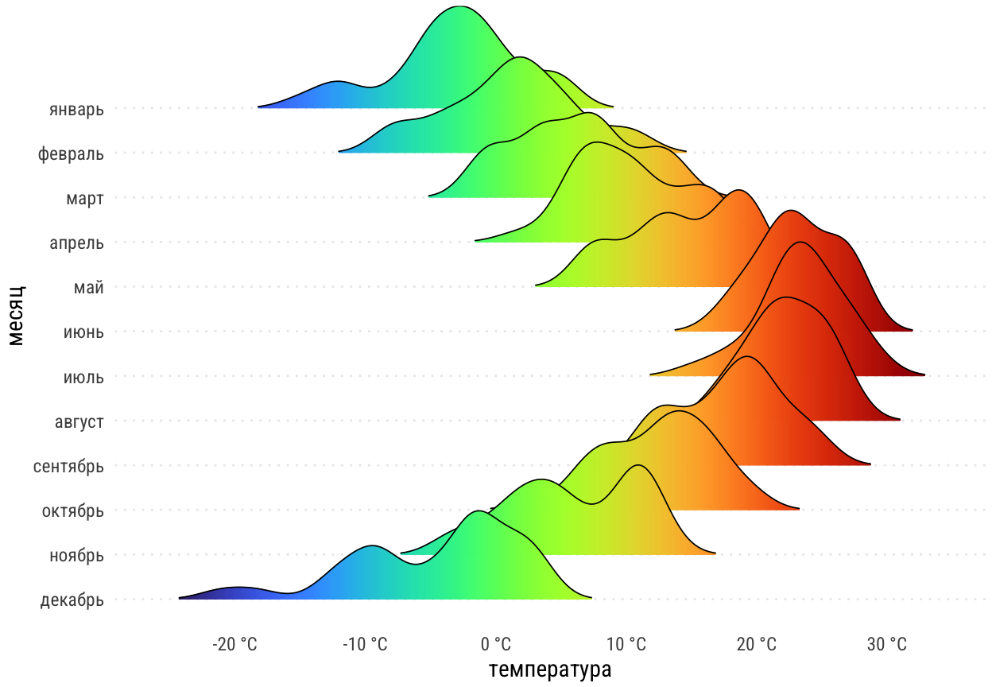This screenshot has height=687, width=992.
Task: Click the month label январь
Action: click(76, 109)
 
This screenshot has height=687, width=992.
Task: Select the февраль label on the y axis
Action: click(71, 153)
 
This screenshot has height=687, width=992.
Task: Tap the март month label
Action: click(85, 198)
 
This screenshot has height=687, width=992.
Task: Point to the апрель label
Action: click(76, 243)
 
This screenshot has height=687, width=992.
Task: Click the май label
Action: click(90, 287)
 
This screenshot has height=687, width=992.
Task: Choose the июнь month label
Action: click(83, 332)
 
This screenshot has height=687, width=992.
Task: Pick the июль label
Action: click(83, 377)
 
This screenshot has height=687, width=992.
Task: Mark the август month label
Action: click(79, 421)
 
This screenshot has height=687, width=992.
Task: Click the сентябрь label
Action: click(68, 466)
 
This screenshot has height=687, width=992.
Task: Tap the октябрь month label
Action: click(72, 510)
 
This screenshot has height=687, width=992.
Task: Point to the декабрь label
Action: click(72, 600)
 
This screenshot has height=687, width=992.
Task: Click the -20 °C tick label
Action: click(235, 644)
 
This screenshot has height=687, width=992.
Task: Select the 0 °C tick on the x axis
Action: click(497, 644)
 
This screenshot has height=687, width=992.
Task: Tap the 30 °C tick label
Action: click(886, 644)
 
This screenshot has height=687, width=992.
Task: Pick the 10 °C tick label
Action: click(626, 644)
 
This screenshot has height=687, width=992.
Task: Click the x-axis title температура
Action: click(550, 670)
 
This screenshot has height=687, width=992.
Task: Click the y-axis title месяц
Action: click(17, 315)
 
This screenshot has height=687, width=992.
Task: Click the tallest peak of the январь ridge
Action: click(459, 7)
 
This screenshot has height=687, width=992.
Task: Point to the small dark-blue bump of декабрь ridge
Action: click(237, 589)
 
